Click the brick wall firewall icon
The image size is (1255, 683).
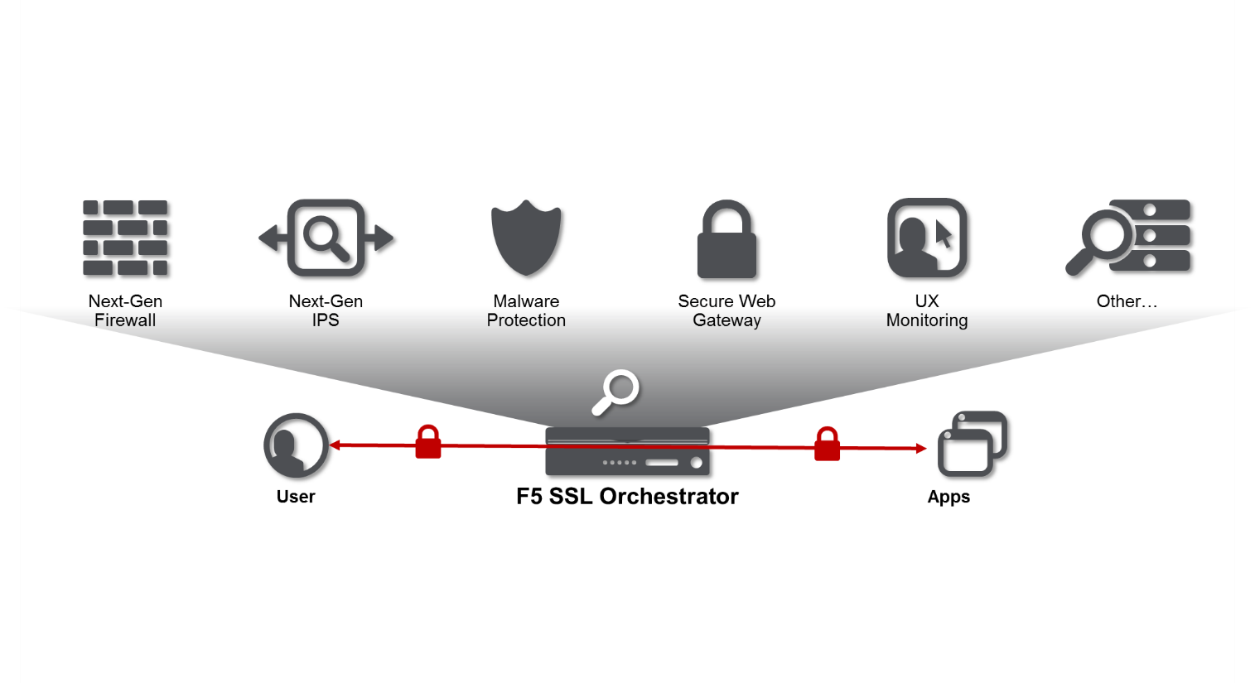click(x=125, y=238)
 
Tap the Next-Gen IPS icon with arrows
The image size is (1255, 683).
click(x=326, y=238)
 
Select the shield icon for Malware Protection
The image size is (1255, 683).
click(x=526, y=238)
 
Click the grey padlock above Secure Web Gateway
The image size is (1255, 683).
click(x=726, y=239)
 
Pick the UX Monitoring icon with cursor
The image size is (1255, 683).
click(x=927, y=238)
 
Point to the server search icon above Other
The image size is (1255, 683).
click(x=1127, y=238)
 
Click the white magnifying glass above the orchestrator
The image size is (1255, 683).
click(x=615, y=392)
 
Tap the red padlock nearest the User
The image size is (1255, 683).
click(x=428, y=442)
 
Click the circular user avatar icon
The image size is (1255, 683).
click(x=296, y=445)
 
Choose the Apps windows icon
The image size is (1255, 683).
click(x=973, y=444)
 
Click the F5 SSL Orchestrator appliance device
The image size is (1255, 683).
click(x=628, y=451)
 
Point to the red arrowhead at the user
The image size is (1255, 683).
click(x=335, y=445)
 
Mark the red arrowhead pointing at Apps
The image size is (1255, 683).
click(x=921, y=448)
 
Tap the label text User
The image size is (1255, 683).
click(x=296, y=497)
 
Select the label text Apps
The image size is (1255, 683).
click(x=948, y=497)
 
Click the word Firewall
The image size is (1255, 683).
click(x=125, y=320)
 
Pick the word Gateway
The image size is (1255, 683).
click(x=726, y=320)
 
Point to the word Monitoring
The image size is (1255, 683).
click(x=927, y=320)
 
